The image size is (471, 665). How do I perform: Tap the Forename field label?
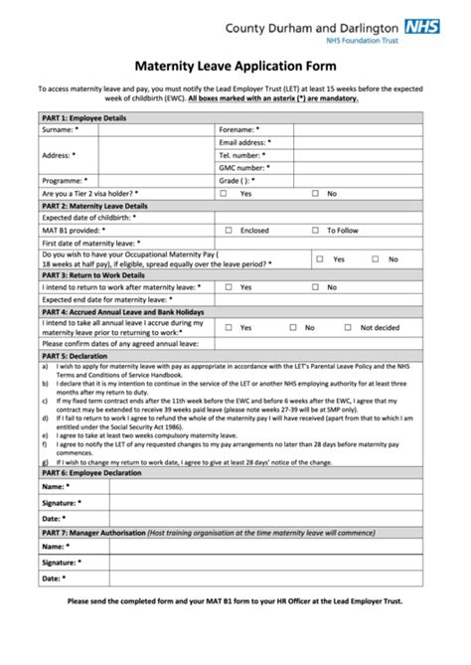pyautogui.click(x=239, y=129)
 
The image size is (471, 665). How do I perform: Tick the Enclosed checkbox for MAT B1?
pyautogui.click(x=229, y=230)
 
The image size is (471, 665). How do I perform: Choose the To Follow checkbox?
pyautogui.click(x=317, y=230)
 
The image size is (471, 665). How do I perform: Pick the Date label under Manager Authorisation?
pyautogui.click(x=54, y=578)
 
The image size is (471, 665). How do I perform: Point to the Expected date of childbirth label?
pyautogui.click(x=89, y=217)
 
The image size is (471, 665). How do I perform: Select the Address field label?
pyautogui.click(x=58, y=155)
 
